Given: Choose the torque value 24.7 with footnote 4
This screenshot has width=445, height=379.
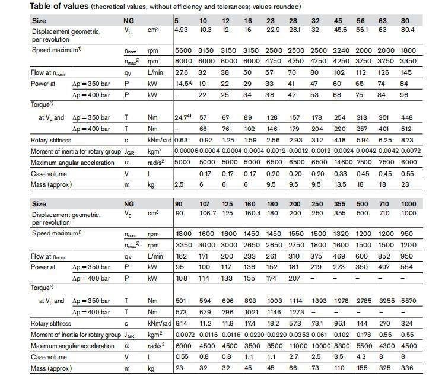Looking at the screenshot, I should pyautogui.click(x=183, y=119).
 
